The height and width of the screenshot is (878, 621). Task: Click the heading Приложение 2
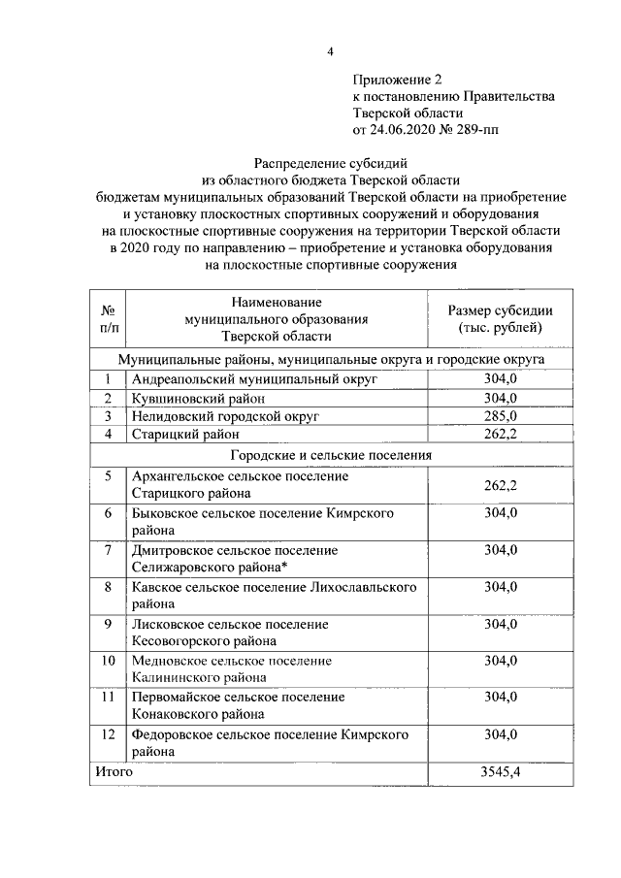(x=398, y=81)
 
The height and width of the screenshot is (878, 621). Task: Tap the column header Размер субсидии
(x=500, y=310)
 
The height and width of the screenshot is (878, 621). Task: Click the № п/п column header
(x=109, y=319)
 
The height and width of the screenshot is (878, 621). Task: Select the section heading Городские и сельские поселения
(x=331, y=454)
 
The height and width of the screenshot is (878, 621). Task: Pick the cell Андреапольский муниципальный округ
(x=253, y=381)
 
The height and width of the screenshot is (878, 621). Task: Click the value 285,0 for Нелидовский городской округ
(x=501, y=416)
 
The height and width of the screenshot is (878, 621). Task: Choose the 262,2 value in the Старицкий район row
(x=501, y=434)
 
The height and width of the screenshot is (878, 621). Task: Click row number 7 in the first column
(x=109, y=550)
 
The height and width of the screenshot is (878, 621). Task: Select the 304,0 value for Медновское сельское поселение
(x=501, y=661)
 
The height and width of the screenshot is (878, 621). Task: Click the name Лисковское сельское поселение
(x=230, y=624)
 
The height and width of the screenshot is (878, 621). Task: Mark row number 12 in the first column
(x=109, y=734)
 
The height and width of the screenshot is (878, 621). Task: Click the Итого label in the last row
(x=113, y=772)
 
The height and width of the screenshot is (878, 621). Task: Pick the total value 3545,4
(x=501, y=772)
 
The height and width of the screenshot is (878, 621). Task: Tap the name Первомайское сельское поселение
(x=238, y=698)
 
